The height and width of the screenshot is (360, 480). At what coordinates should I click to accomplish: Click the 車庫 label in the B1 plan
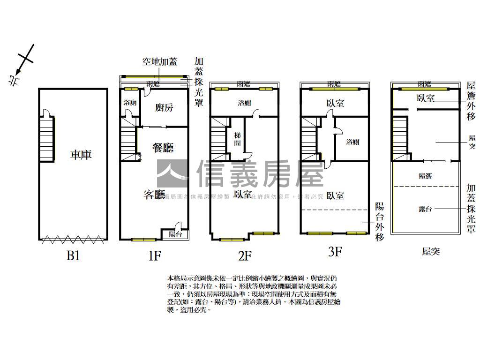(x=81, y=155)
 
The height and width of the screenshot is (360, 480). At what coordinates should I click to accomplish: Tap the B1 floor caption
(x=73, y=256)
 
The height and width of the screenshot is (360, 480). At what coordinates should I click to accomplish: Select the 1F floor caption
(x=155, y=256)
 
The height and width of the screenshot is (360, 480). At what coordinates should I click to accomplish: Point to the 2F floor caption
(x=245, y=256)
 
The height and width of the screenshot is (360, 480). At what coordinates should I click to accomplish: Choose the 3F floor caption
(x=334, y=252)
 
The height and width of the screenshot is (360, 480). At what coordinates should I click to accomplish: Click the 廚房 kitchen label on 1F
(x=164, y=108)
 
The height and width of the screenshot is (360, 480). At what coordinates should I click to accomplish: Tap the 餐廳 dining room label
(x=163, y=148)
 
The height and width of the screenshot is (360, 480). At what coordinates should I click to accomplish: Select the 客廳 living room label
(x=155, y=195)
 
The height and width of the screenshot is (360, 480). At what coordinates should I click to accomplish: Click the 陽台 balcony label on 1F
(x=175, y=234)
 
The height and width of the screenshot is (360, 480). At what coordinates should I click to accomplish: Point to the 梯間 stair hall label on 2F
(x=237, y=140)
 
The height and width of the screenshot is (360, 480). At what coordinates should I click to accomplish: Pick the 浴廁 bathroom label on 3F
(x=352, y=142)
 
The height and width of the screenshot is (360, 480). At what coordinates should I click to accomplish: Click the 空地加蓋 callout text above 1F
(x=160, y=62)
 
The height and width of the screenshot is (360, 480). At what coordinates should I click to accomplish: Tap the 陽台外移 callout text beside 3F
(x=380, y=222)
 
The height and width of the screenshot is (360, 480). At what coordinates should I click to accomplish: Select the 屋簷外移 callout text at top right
(x=471, y=100)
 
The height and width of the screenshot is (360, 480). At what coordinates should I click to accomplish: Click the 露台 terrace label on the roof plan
(x=425, y=209)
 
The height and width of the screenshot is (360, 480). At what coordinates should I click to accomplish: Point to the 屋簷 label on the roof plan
(x=425, y=176)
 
